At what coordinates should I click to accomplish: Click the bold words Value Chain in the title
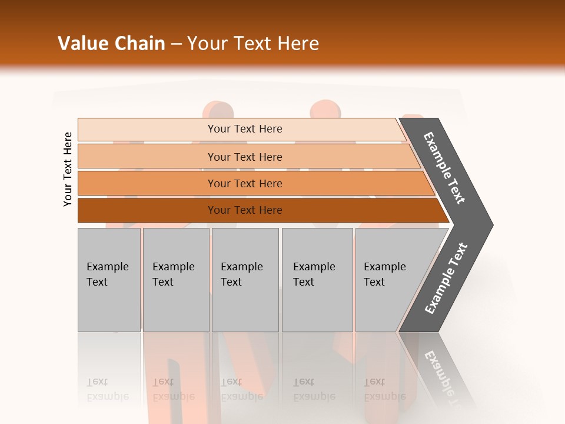111,44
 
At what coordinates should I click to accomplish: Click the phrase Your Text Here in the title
253,44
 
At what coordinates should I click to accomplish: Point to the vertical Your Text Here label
68,169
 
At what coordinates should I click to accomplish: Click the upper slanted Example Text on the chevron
444,168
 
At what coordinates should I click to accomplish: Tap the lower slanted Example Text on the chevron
446,279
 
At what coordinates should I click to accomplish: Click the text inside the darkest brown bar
245,210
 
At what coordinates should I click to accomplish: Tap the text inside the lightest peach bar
245,129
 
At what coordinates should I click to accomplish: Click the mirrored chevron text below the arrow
443,377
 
